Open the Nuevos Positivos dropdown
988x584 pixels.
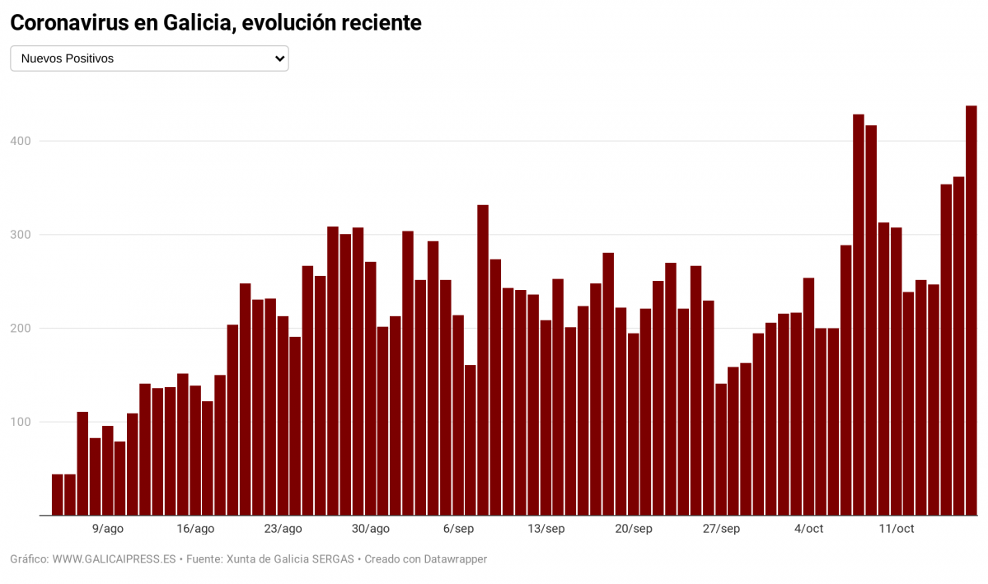pyautogui.click(x=149, y=58)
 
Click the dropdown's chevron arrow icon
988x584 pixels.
pyautogui.click(x=279, y=58)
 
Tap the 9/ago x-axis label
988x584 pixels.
pyautogui.click(x=108, y=529)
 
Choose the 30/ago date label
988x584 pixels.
pyautogui.click(x=371, y=529)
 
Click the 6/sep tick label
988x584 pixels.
pyautogui.click(x=458, y=529)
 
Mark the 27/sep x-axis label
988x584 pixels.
pyautogui.click(x=721, y=529)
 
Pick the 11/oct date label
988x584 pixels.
pyautogui.click(x=897, y=529)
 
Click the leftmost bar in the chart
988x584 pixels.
pyautogui.click(x=58, y=494)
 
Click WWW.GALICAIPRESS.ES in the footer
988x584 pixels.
pyautogui.click(x=115, y=559)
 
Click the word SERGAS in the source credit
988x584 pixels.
pyautogui.click(x=332, y=559)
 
